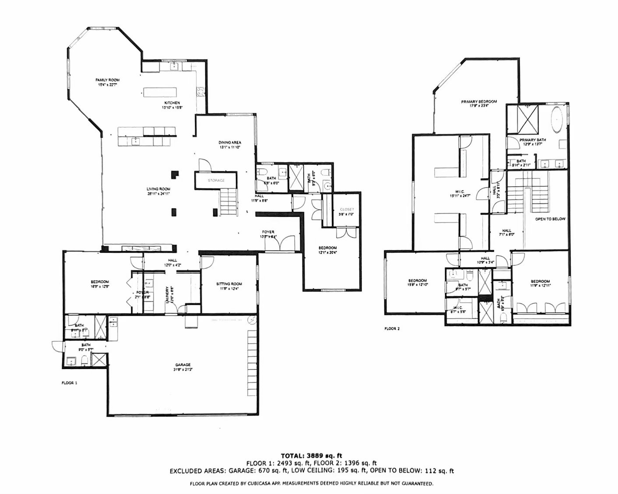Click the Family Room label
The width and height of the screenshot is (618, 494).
(x=108, y=80)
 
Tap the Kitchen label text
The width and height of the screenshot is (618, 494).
(x=172, y=103)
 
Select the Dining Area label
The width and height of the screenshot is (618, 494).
(x=230, y=143)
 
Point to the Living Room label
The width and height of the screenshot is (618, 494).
(x=158, y=189)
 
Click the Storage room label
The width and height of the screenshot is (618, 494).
(x=216, y=181)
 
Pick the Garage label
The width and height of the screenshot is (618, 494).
(x=183, y=365)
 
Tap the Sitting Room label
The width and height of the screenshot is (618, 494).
(x=229, y=284)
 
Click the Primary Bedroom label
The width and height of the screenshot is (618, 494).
(x=479, y=102)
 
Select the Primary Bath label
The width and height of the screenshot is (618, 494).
(x=533, y=140)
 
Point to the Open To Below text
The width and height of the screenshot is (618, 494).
(x=550, y=219)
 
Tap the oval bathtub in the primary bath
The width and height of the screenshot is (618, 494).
(x=557, y=119)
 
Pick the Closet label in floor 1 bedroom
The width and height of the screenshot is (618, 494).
(x=347, y=209)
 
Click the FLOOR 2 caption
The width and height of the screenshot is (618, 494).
(x=392, y=328)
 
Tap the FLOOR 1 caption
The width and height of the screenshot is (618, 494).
(x=69, y=383)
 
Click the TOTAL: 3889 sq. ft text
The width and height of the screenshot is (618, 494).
(x=311, y=456)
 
